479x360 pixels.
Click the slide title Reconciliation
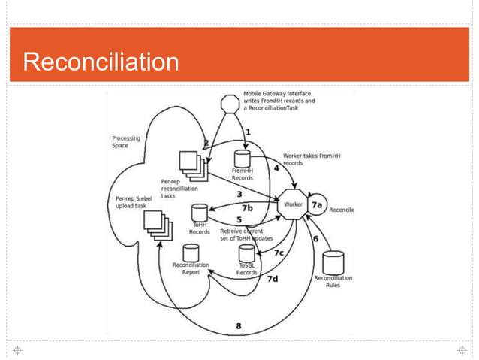[101, 61]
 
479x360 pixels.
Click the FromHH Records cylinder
[242, 159]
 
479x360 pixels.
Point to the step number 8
[239, 326]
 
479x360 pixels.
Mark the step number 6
[315, 238]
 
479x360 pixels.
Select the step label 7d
[273, 277]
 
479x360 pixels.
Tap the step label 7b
[247, 207]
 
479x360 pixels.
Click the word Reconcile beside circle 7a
[341, 210]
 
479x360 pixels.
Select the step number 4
[276, 168]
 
